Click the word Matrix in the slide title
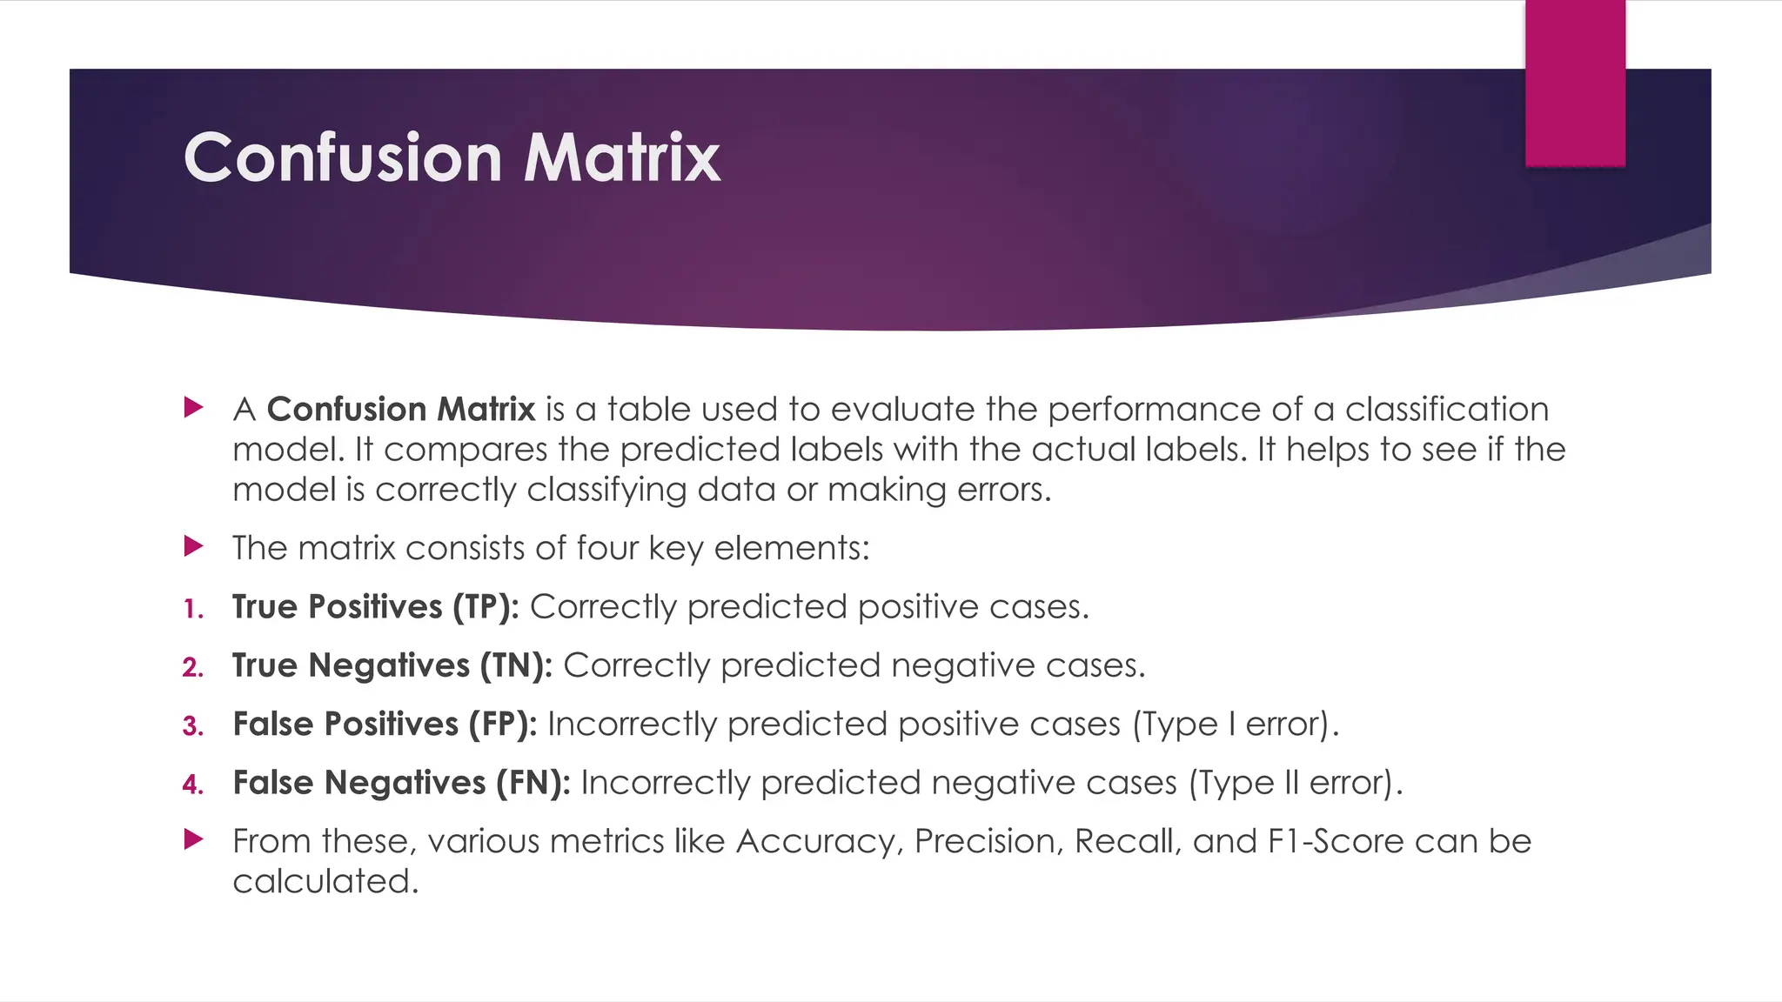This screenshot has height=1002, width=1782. [621, 158]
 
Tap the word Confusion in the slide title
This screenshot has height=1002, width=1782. [343, 158]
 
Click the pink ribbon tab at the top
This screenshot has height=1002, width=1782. [1575, 83]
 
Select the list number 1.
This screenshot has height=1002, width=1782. [193, 610]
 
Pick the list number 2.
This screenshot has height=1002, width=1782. [193, 668]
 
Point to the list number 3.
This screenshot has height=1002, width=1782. [193, 727]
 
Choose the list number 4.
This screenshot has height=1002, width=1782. [193, 785]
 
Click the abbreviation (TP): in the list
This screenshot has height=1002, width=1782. [486, 607]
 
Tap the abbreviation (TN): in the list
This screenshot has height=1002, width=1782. [516, 665]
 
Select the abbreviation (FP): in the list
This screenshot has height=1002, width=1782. [503, 725]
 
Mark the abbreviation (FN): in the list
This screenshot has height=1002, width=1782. [533, 783]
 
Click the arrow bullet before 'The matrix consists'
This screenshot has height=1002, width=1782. [194, 547]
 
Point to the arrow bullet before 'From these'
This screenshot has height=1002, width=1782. [194, 839]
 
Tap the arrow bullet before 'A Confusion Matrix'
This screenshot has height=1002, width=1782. [194, 407]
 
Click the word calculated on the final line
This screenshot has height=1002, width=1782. [325, 882]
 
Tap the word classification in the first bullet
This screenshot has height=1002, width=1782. [1447, 410]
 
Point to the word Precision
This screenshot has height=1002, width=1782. [989, 842]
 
